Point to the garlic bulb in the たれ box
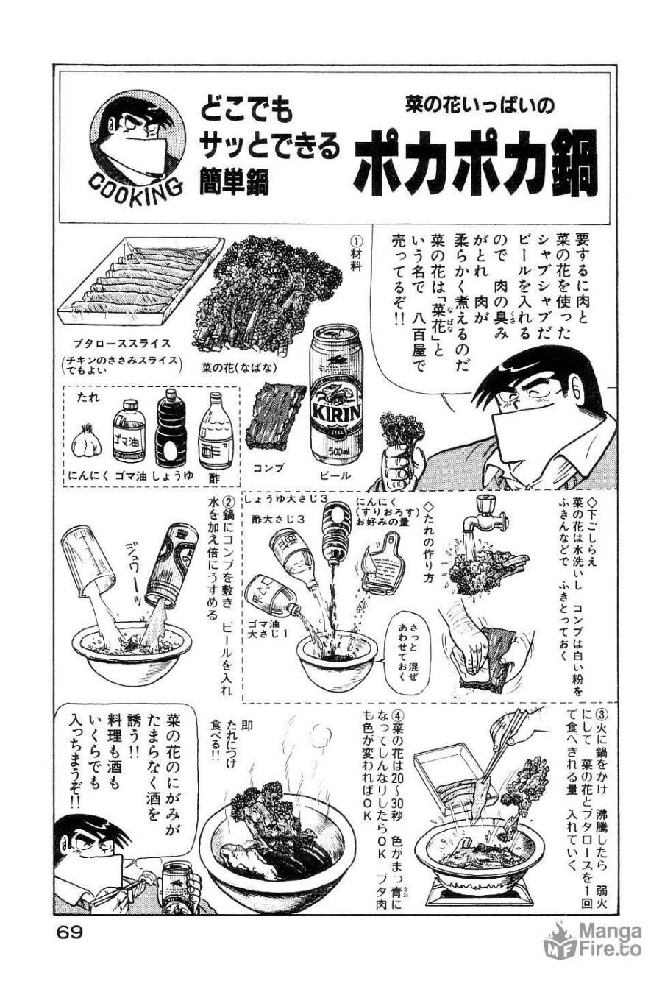pyautogui.click(x=83, y=440)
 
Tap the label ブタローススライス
pyautogui.click(x=122, y=342)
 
